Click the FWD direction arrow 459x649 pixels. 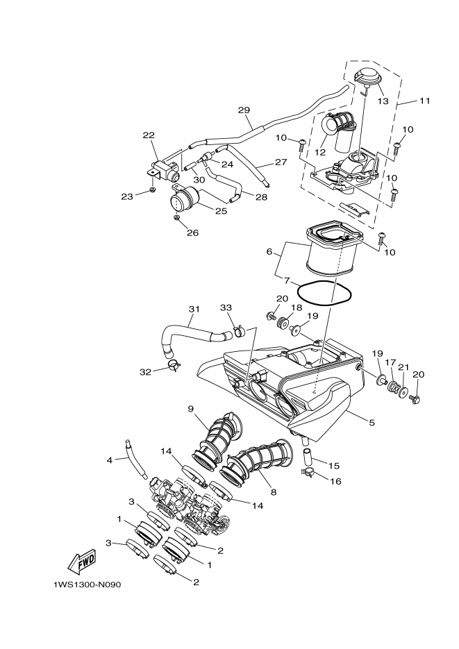(82, 562)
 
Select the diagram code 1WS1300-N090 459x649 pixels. (87, 585)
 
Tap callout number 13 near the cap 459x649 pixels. (383, 101)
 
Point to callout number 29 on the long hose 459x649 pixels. (244, 110)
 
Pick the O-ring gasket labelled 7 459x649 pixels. (324, 294)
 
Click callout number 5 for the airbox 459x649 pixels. (372, 423)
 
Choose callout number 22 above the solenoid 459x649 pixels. (149, 135)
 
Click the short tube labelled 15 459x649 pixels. (307, 455)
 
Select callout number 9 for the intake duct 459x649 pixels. (191, 409)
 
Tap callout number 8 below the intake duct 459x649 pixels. (274, 493)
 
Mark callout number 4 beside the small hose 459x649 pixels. (109, 460)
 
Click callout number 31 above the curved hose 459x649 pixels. (194, 309)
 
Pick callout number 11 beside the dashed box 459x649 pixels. (425, 101)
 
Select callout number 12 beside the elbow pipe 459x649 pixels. (320, 152)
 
